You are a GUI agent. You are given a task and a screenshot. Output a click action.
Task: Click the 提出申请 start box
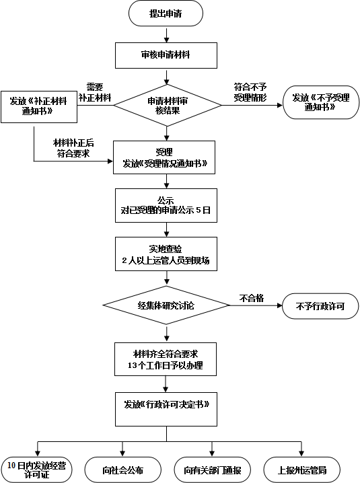coord(166,13)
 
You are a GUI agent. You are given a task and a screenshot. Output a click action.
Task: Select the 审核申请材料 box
coord(166,55)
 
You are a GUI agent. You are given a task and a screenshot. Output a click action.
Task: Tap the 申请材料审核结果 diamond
coord(168,106)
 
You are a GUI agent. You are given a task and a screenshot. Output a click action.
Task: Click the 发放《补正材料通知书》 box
coord(39,107)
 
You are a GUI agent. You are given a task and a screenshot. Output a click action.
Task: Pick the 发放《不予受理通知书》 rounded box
coord(321,102)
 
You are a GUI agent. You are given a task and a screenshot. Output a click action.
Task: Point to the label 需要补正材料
coord(95,92)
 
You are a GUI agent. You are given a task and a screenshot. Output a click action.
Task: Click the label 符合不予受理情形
coord(250,92)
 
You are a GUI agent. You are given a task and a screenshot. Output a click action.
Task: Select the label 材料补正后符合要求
coord(73,148)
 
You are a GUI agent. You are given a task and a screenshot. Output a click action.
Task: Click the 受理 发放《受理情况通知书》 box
coord(164,157)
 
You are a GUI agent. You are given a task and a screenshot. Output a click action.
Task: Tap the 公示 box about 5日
coord(166,205)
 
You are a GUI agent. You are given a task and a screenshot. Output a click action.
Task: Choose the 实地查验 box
coord(166,254)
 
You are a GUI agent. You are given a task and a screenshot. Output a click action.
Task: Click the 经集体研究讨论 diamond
coord(166,305)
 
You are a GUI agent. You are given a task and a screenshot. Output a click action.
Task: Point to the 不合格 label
coord(252,298)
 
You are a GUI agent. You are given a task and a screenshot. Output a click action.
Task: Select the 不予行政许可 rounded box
coord(320,306)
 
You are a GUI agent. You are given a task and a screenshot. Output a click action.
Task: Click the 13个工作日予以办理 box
coord(166,359)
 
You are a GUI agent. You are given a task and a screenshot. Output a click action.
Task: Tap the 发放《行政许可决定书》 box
coord(166,410)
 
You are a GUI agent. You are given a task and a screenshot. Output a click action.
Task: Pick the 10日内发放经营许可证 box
coord(36,470)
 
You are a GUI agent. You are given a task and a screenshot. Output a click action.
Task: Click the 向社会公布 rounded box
coord(123,470)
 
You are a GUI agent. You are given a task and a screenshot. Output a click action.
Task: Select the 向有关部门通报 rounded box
coord(213,470)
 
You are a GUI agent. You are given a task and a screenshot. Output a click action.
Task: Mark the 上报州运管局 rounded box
coord(302,470)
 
